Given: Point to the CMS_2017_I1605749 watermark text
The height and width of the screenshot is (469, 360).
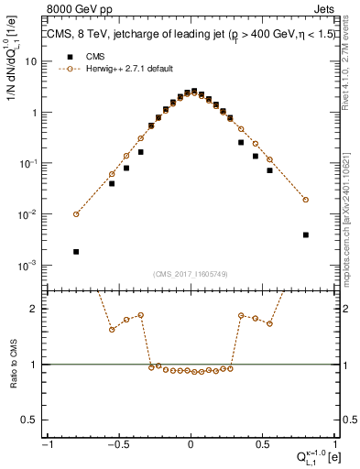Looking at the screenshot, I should tap(191, 274).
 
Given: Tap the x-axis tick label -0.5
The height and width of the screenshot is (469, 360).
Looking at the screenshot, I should tap(117, 443).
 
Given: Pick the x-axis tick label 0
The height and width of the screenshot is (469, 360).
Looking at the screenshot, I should tap(191, 443).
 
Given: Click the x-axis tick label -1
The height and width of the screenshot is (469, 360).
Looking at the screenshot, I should tap(47, 443).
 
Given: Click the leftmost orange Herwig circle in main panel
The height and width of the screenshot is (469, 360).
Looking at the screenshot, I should tap(76, 214).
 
